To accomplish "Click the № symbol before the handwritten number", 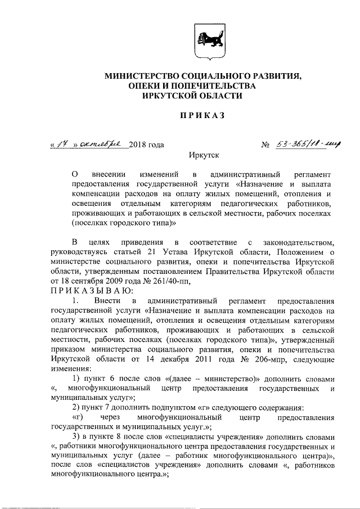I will point(266,145).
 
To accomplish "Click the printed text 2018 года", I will point(146,145).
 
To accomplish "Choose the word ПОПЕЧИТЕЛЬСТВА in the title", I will point(214,85).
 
